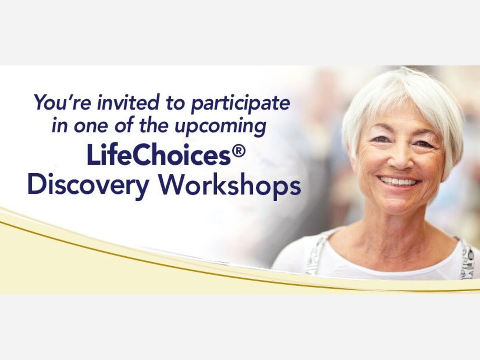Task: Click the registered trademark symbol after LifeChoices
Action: tap(239, 151)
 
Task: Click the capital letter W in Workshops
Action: tap(172, 185)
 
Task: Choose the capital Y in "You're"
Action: tap(42, 102)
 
